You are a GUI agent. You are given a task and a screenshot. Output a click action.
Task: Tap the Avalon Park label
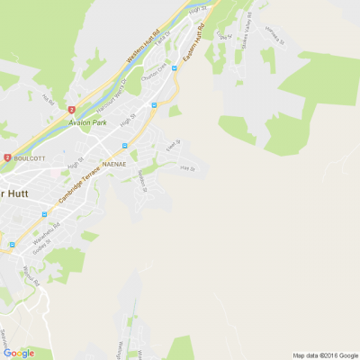point(87,121)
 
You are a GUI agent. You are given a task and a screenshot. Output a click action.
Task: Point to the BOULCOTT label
point(30,156)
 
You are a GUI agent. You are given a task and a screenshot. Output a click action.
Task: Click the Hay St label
point(186,167)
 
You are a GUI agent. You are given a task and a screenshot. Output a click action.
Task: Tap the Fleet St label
point(171,142)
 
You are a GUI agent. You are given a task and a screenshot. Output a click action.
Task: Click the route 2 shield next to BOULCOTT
point(6,157)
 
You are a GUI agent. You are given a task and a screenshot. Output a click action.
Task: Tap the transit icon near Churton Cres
point(154,105)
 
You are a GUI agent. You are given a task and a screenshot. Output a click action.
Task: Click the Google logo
point(18,353)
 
